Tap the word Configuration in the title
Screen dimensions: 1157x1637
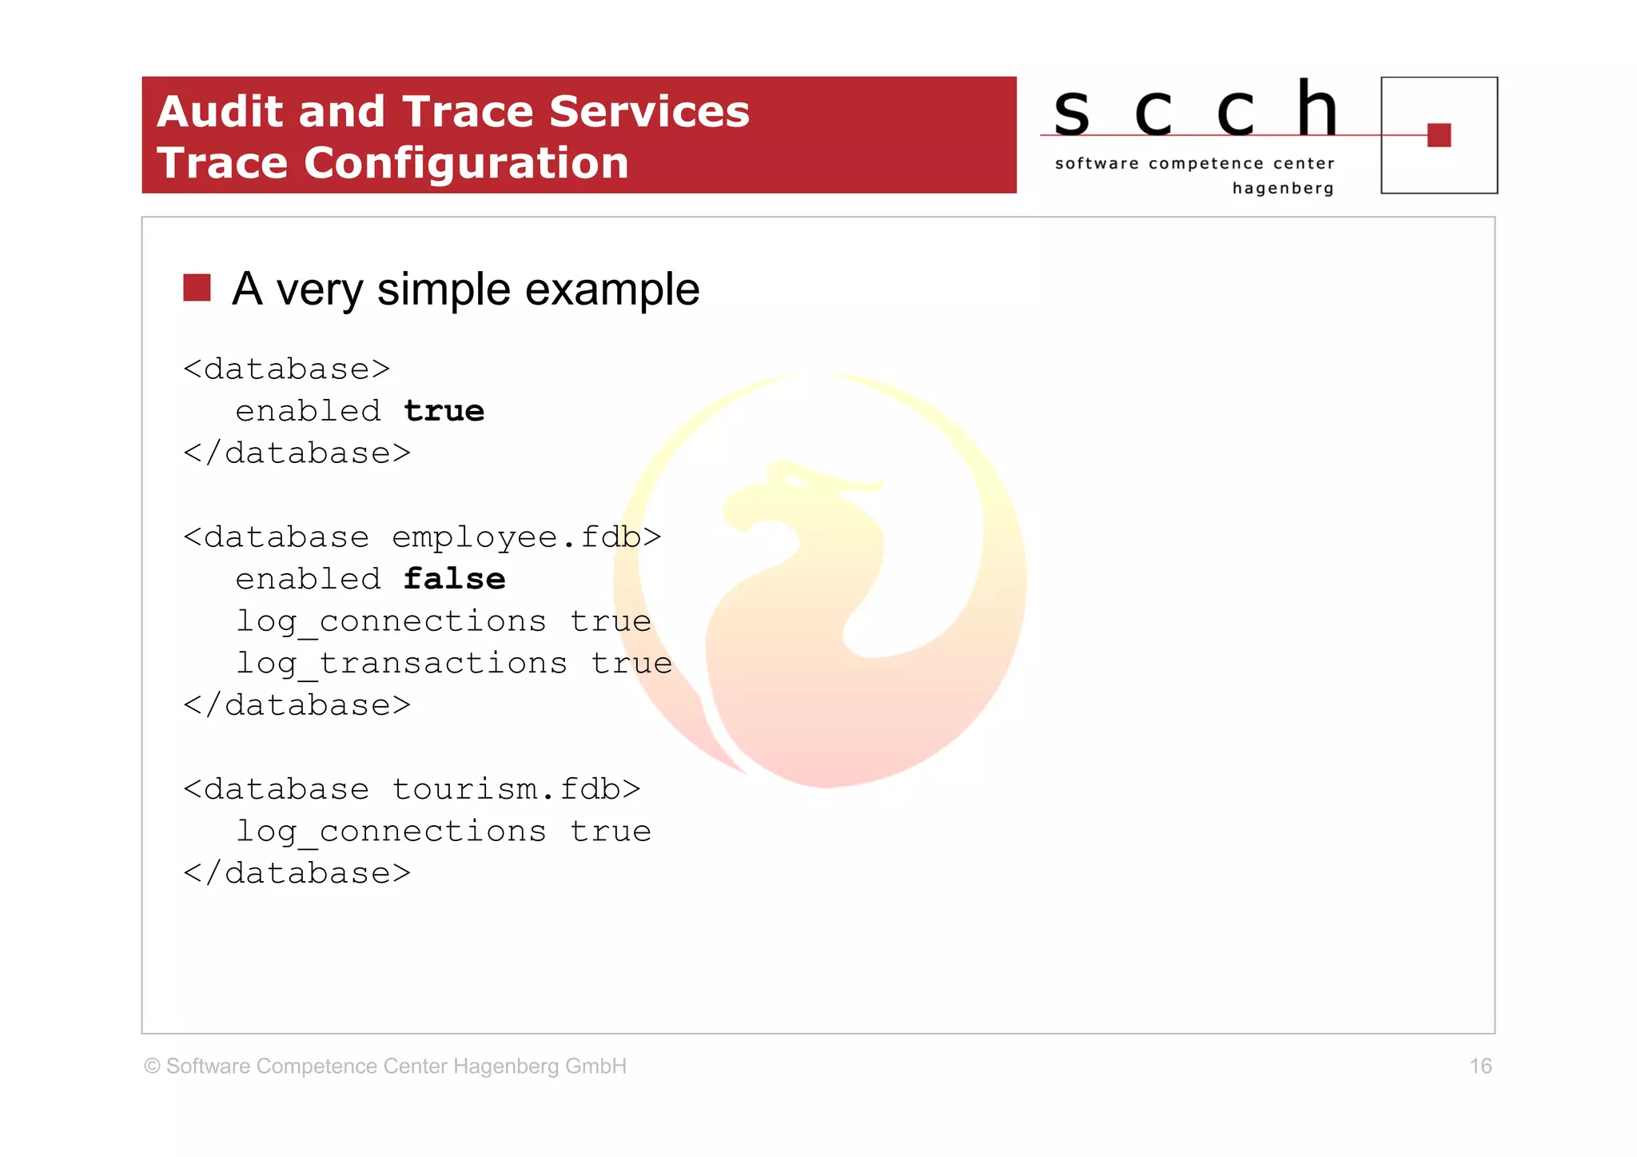(x=466, y=163)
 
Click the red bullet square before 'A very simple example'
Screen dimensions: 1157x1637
(x=197, y=288)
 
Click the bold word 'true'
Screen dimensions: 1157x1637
(x=444, y=411)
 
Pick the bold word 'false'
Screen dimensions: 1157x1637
(x=454, y=579)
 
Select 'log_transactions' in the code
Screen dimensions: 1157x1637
(x=401, y=664)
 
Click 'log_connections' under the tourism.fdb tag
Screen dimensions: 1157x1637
(x=391, y=832)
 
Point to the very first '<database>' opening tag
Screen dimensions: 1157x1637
(x=286, y=369)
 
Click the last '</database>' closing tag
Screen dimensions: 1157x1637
(x=297, y=873)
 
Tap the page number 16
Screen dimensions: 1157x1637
(x=1480, y=1066)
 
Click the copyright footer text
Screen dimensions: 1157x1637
(x=385, y=1067)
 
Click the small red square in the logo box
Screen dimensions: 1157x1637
(x=1439, y=135)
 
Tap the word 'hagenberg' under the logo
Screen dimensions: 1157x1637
(x=1282, y=189)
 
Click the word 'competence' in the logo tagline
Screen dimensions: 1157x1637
(x=1205, y=164)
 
